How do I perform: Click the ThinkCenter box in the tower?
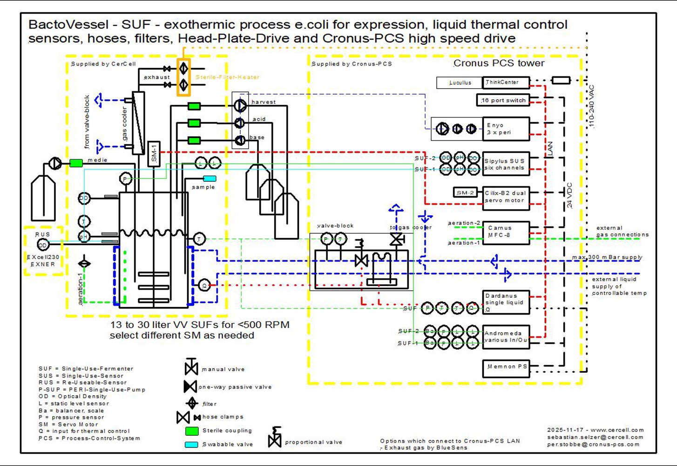(x=506, y=82)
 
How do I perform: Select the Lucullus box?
(x=459, y=82)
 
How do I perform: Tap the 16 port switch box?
(x=503, y=100)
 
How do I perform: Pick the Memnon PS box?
(x=506, y=368)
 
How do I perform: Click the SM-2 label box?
(x=465, y=192)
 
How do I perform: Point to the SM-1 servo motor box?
(x=154, y=154)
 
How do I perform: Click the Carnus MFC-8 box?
(x=506, y=232)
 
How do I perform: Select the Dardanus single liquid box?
(x=506, y=302)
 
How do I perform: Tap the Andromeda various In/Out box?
(x=506, y=336)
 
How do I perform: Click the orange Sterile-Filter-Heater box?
(x=183, y=77)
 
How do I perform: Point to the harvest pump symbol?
(x=240, y=106)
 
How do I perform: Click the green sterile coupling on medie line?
(x=76, y=163)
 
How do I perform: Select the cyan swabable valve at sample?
(x=210, y=178)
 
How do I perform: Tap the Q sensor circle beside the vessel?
(x=204, y=285)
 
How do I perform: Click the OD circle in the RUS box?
(x=42, y=245)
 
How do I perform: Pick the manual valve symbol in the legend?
(x=191, y=367)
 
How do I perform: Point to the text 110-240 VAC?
(x=591, y=106)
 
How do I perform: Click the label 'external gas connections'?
(x=622, y=231)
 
